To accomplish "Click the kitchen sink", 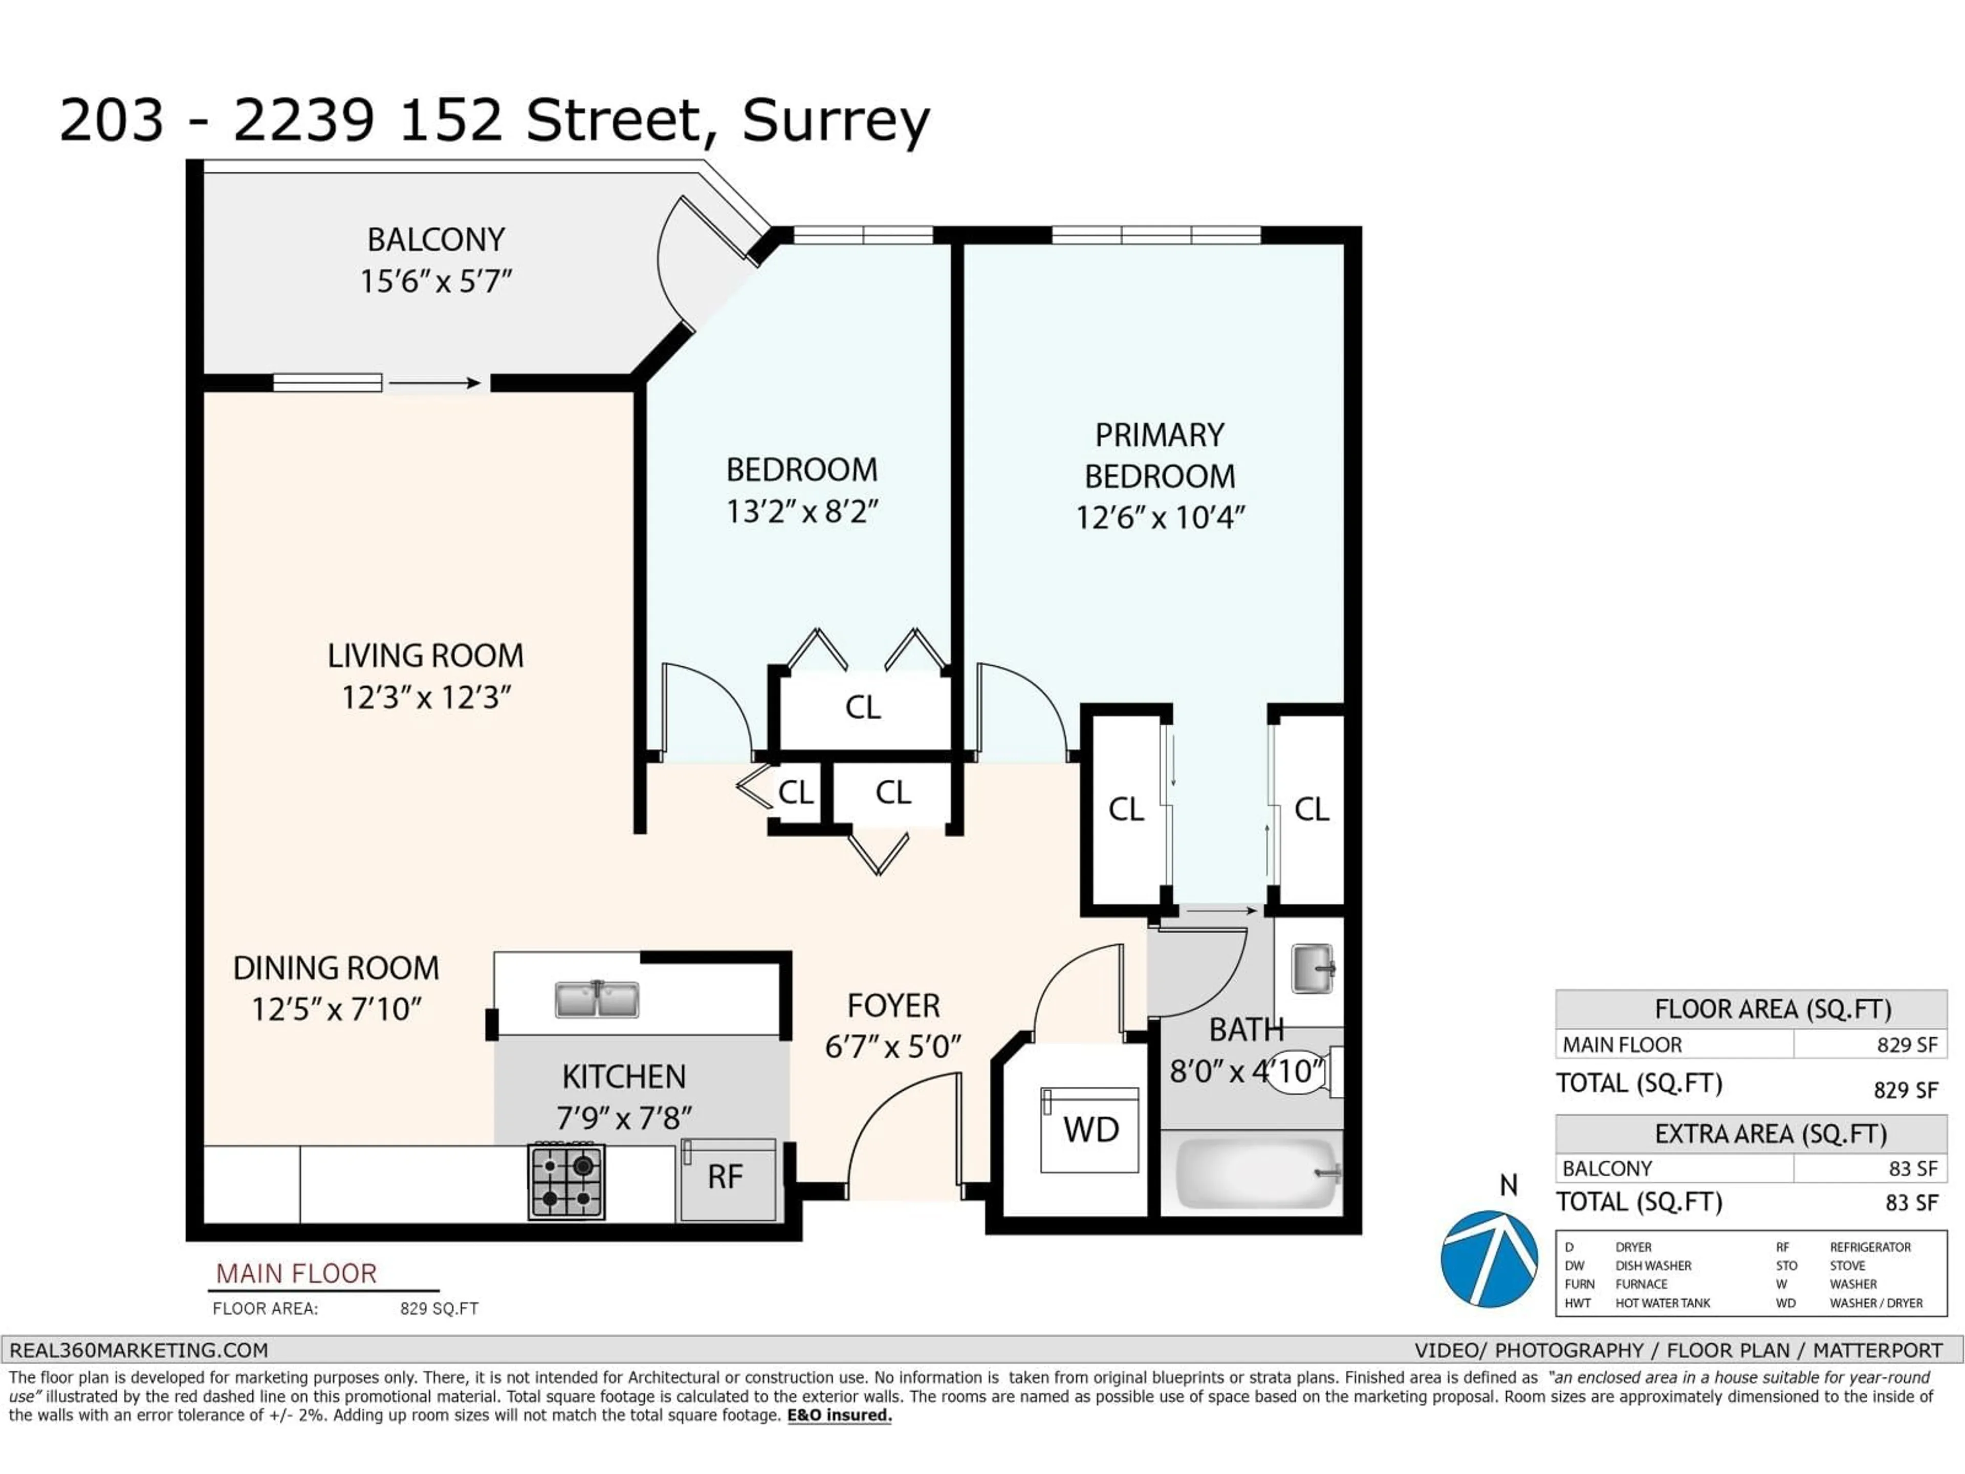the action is click(597, 1000).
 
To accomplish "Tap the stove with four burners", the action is click(567, 1181).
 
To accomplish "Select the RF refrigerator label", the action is click(725, 1177).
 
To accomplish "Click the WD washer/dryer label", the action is click(1091, 1130).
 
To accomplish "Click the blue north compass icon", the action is click(1489, 1258).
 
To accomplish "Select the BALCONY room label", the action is click(436, 240).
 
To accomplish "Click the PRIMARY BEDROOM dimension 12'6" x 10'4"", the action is click(1160, 517).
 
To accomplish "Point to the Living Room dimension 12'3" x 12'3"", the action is click(426, 698).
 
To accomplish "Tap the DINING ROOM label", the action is click(336, 967).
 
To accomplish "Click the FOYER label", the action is click(893, 1006).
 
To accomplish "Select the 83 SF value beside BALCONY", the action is click(1913, 1168).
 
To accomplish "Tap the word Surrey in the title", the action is click(836, 121).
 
